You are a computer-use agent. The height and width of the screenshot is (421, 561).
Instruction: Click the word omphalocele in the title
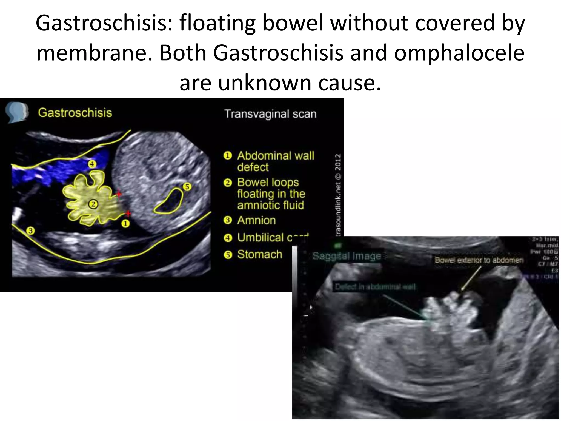[x=459, y=53]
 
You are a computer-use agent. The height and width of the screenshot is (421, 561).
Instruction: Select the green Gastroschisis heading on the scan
[x=75, y=113]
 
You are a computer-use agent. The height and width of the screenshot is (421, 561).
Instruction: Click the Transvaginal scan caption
[x=270, y=114]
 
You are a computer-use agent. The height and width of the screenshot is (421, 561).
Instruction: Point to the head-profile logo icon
[x=16, y=113]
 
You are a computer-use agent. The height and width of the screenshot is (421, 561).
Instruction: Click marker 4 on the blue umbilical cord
[x=92, y=164]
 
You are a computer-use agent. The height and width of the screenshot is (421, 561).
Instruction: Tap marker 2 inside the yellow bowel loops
[x=93, y=204]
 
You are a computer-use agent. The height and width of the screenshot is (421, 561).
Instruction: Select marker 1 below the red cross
[x=125, y=224]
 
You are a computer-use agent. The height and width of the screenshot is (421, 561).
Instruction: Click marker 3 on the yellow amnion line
[x=31, y=231]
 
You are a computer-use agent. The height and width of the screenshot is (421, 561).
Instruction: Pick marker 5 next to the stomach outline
[x=187, y=187]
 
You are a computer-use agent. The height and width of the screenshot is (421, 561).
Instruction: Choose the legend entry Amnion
[x=256, y=220]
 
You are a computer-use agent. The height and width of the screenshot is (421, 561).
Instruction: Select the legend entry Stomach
[x=259, y=254]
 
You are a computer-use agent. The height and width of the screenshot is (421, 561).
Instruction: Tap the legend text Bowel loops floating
[x=270, y=194]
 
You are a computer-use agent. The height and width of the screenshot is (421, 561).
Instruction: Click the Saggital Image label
[x=347, y=256]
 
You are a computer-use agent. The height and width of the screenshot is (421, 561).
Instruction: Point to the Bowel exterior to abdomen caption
[x=479, y=260]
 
